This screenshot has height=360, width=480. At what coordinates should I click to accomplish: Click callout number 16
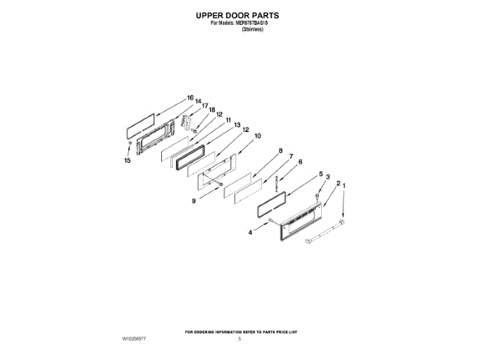[190, 97]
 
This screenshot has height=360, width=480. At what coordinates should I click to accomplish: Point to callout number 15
[127, 160]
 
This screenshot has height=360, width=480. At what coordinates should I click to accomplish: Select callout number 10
[257, 136]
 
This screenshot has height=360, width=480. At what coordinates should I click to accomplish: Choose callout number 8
[280, 151]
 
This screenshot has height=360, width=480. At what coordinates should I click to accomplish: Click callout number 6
[300, 162]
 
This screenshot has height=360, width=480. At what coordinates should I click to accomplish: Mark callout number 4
[250, 232]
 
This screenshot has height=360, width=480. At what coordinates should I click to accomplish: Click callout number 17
[205, 106]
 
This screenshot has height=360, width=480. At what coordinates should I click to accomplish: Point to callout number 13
[235, 125]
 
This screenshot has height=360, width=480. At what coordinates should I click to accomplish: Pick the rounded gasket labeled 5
[273, 200]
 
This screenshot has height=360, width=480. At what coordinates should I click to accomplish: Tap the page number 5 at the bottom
[239, 339]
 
